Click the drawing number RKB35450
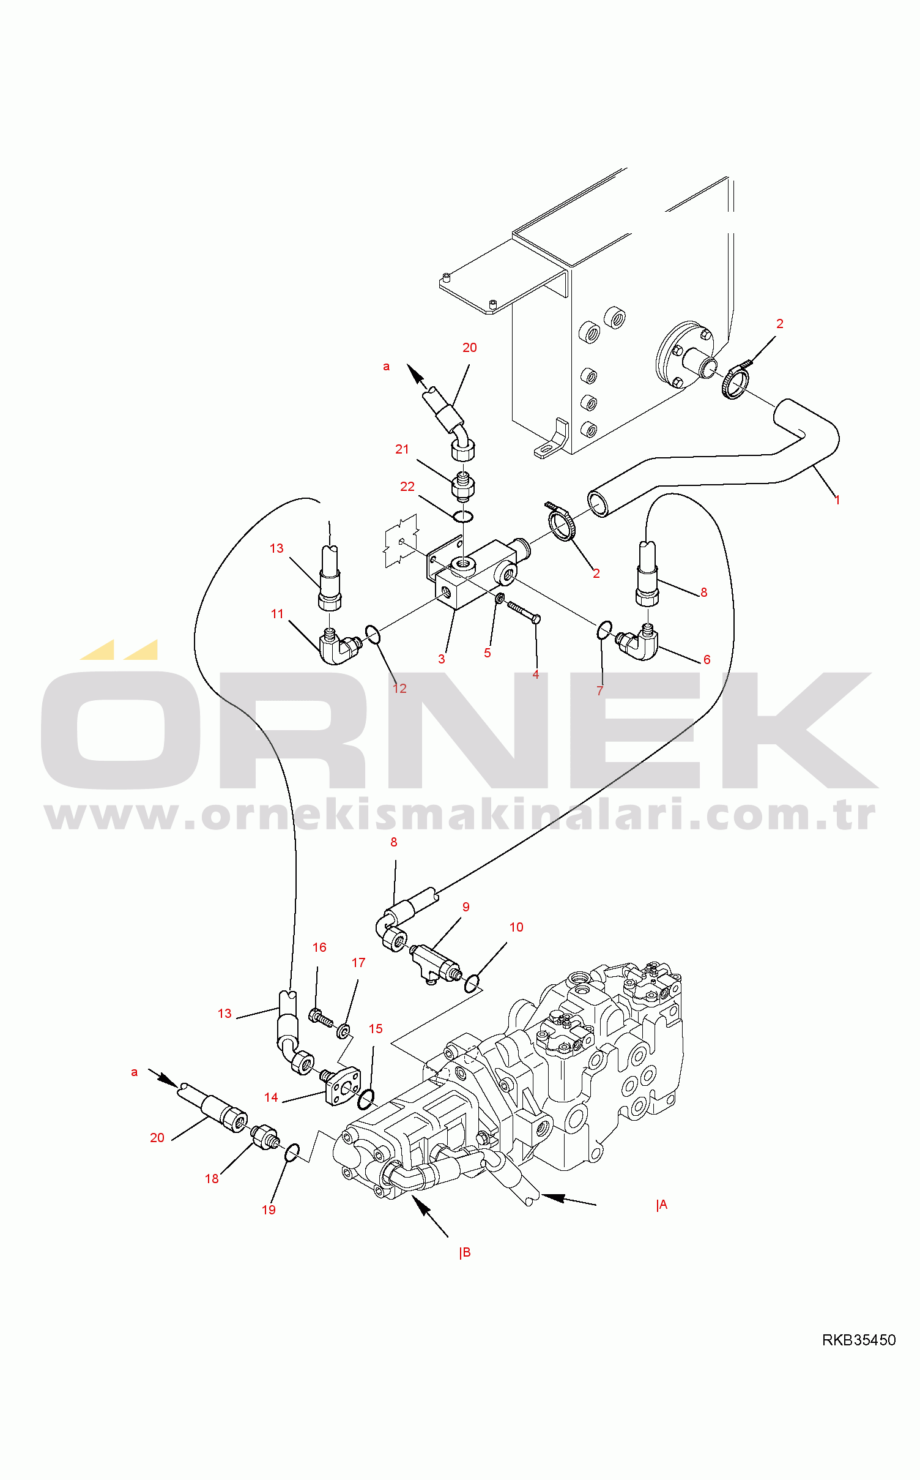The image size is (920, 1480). pyautogui.click(x=858, y=1340)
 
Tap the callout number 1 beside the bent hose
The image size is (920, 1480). pyautogui.click(x=837, y=500)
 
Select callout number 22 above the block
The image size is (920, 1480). pyautogui.click(x=407, y=487)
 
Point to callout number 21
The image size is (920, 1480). pyautogui.click(x=402, y=449)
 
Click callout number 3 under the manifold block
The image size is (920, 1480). pyautogui.click(x=442, y=659)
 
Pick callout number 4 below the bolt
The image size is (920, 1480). pyautogui.click(x=536, y=675)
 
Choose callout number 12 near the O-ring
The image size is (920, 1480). pyautogui.click(x=399, y=689)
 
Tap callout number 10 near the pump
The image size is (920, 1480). pyautogui.click(x=516, y=927)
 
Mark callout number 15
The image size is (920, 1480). pyautogui.click(x=376, y=1029)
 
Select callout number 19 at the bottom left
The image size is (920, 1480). pyautogui.click(x=269, y=1210)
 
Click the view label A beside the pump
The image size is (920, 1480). pyautogui.click(x=662, y=1205)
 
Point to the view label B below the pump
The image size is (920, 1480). pyautogui.click(x=465, y=1252)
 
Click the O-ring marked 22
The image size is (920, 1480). pyautogui.click(x=464, y=517)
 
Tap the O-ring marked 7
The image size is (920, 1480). pyautogui.click(x=604, y=630)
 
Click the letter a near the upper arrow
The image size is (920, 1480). pyautogui.click(x=386, y=367)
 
